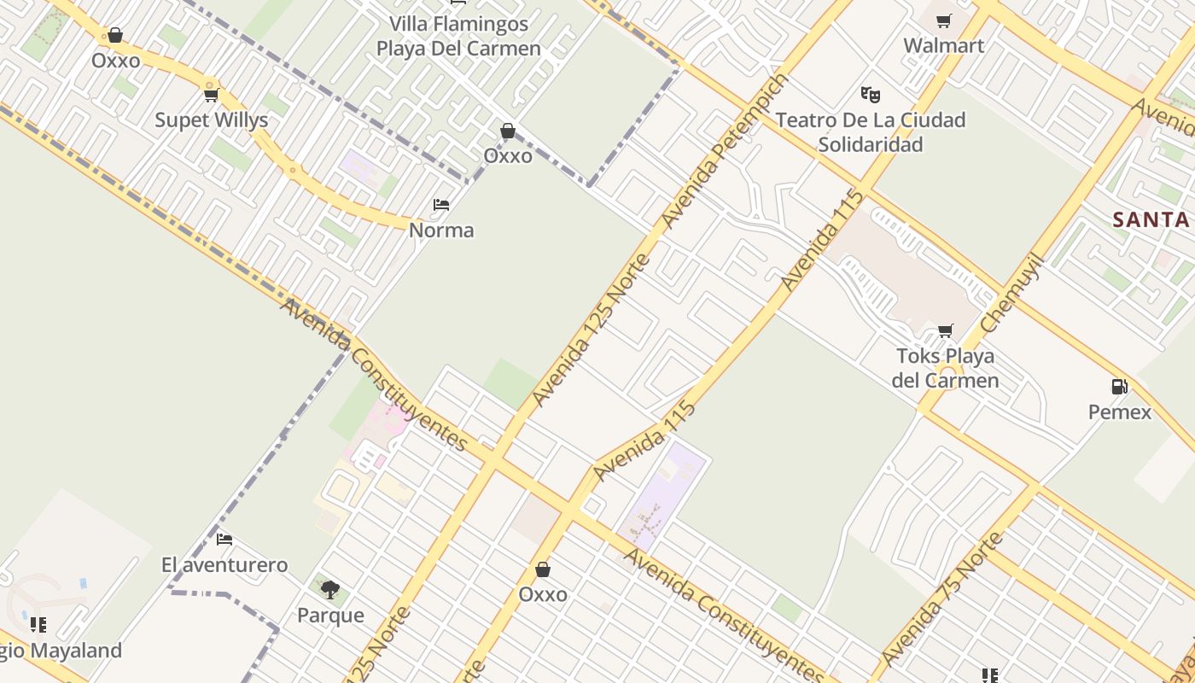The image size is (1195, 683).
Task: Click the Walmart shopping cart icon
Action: pyautogui.click(x=943, y=21)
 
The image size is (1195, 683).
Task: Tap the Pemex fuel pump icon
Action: pyautogui.click(x=1119, y=387)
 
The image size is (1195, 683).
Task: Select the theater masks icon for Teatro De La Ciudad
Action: pyautogui.click(x=870, y=94)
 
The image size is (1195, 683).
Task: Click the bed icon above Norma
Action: pyautogui.click(x=441, y=205)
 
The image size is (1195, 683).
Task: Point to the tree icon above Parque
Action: pyautogui.click(x=330, y=589)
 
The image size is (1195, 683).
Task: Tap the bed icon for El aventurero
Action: pyautogui.click(x=224, y=540)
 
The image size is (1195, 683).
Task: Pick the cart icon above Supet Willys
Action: pyautogui.click(x=211, y=95)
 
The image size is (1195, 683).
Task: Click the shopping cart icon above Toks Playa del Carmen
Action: pyautogui.click(x=945, y=330)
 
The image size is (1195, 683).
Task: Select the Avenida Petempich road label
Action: pyautogui.click(x=725, y=151)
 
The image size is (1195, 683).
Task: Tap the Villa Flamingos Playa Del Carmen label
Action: pyautogui.click(x=458, y=36)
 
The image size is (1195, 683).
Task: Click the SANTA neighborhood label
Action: pyautogui.click(x=1151, y=219)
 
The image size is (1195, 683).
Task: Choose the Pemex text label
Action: pyautogui.click(x=1119, y=412)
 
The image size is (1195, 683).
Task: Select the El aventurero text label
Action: pyautogui.click(x=224, y=565)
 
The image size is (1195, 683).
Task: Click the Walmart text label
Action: pyautogui.click(x=943, y=46)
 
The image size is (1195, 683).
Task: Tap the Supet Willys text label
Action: pyautogui.click(x=211, y=120)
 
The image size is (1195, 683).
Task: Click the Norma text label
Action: pyautogui.click(x=441, y=231)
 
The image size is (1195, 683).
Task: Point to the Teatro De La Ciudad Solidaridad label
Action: pyautogui.click(x=870, y=132)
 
